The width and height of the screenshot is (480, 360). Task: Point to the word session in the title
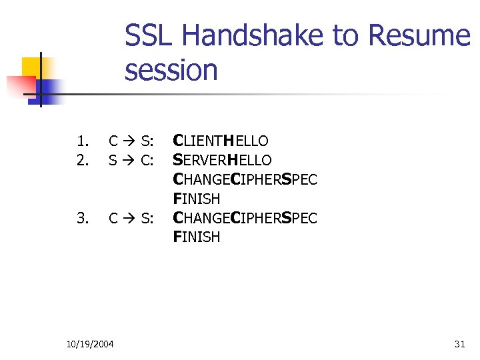pos(171,70)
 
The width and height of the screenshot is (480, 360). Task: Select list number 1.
pos(82,141)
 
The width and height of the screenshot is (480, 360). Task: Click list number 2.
pos(82,160)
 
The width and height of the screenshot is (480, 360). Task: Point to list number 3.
pos(82,218)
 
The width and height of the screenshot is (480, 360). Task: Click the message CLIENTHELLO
pos(220,141)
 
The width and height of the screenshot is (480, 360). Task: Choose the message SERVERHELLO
pos(222,160)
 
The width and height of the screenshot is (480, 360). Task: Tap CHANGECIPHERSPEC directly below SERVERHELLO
pos(245,179)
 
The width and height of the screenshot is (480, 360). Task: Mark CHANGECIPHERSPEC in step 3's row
pos(245,218)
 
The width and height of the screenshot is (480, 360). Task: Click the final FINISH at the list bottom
pos(196,237)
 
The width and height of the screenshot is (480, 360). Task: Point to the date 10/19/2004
pos(90,344)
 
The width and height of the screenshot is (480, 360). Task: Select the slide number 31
pos(459,344)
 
